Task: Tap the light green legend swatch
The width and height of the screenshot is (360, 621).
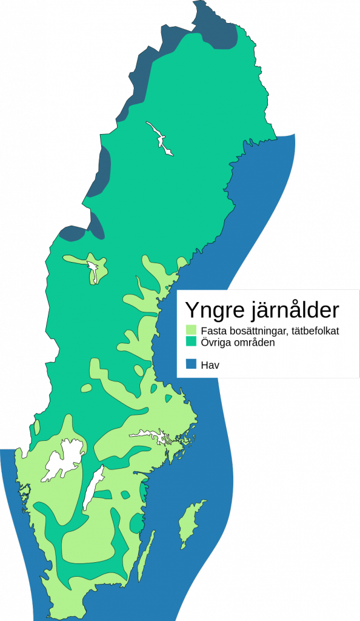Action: pyautogui.click(x=192, y=331)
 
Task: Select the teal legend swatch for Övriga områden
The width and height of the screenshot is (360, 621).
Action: pyautogui.click(x=192, y=343)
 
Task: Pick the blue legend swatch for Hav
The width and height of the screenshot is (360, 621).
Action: pyautogui.click(x=192, y=364)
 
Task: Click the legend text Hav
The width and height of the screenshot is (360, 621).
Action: pyautogui.click(x=210, y=364)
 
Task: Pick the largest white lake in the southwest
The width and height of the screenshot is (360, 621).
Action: pyautogui.click(x=64, y=458)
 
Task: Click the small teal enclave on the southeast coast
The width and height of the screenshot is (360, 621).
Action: pyautogui.click(x=144, y=489)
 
